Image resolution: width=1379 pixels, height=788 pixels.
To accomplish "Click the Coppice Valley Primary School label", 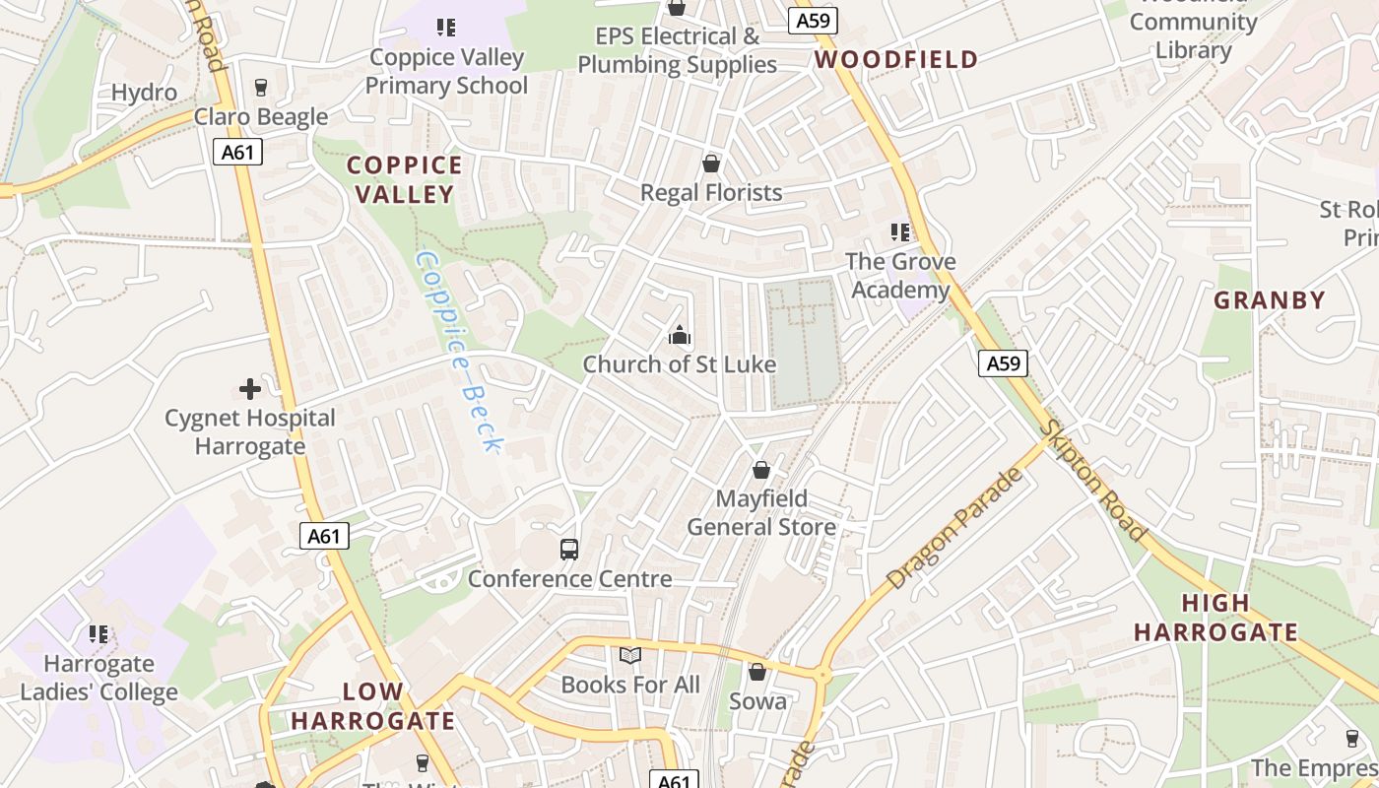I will (x=446, y=71).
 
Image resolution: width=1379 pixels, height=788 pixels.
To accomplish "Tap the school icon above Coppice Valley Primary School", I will (x=446, y=28).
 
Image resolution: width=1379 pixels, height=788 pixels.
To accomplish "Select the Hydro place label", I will (x=144, y=93).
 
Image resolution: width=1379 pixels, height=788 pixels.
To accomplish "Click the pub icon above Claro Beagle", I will (x=260, y=88).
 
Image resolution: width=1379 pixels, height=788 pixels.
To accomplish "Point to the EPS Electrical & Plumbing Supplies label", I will (x=678, y=50).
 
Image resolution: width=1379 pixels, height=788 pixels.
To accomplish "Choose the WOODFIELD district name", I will (x=896, y=59).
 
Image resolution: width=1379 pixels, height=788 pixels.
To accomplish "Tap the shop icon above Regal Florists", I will (x=711, y=164).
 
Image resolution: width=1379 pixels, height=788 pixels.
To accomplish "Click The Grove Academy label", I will (x=901, y=275).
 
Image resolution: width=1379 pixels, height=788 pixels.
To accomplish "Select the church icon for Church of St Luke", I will (x=680, y=336).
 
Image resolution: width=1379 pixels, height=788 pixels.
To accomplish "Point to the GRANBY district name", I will (x=1270, y=300).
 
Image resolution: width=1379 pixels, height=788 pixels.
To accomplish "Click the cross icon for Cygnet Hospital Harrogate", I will (x=250, y=389).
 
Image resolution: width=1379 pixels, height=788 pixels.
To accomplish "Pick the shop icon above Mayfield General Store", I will (x=760, y=470).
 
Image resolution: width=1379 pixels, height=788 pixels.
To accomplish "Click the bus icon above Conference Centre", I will (x=569, y=550).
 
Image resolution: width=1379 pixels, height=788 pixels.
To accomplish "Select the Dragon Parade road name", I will (x=954, y=529).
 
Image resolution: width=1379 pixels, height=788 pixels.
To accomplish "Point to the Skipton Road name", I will (x=1093, y=481).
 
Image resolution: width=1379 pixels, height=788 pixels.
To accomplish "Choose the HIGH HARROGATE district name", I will (x=1215, y=618).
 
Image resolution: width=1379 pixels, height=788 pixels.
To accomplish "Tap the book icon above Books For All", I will (x=630, y=655).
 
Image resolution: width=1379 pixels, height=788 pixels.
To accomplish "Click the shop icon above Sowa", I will (x=757, y=672).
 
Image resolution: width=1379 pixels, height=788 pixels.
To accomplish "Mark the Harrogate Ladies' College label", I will (x=98, y=678).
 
